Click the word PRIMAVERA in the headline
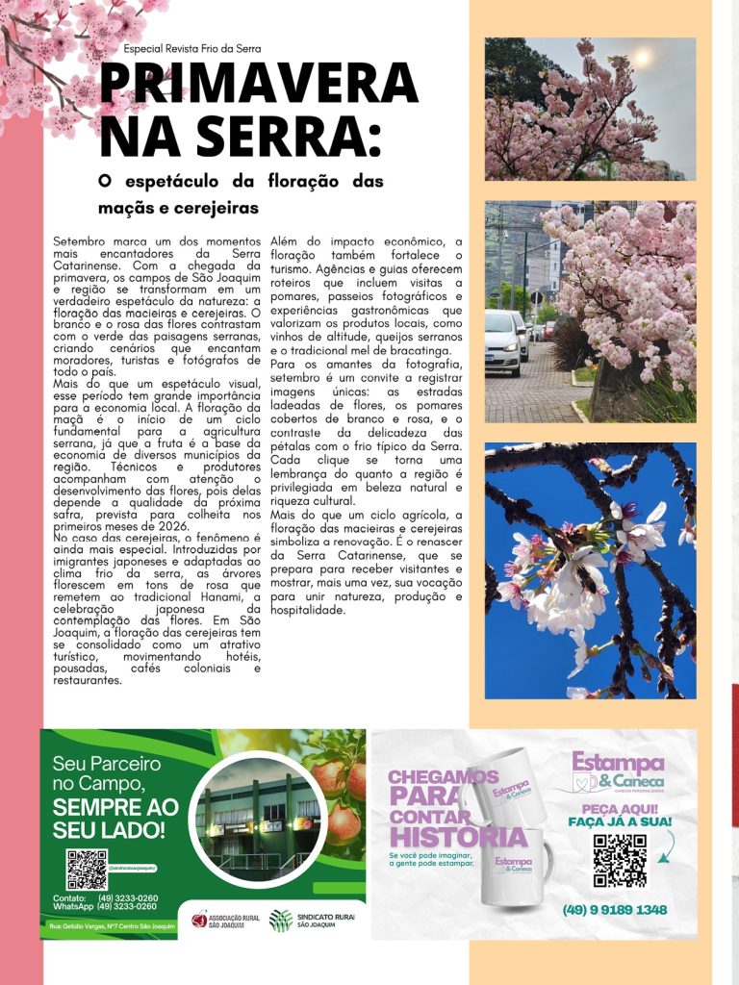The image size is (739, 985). tap(259, 85)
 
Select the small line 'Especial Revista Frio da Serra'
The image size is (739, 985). tap(192, 48)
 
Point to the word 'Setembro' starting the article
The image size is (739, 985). tap(82, 240)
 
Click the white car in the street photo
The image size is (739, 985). tap(503, 341)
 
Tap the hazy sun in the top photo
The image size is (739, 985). tap(638, 59)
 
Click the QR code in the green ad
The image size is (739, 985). tap(86, 869)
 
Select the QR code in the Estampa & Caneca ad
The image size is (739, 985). tap(619, 859)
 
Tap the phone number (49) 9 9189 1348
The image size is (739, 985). tap(614, 910)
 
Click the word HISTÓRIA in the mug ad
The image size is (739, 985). tap(458, 838)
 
